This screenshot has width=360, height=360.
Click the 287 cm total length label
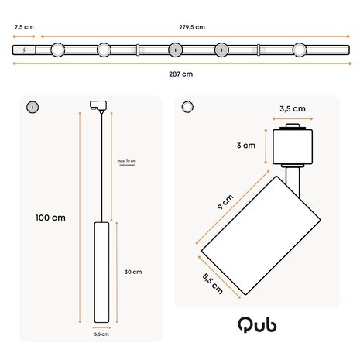tap(181, 74)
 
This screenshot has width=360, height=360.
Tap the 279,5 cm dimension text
tap(192, 27)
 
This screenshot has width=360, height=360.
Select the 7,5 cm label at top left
tap(24, 27)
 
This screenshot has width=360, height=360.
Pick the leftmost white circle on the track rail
tap(57, 50)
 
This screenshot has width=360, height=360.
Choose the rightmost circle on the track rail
tap(299, 50)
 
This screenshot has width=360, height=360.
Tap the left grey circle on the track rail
tap(175, 50)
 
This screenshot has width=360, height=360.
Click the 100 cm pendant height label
tap(50, 218)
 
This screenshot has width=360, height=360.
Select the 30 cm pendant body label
tap(132, 272)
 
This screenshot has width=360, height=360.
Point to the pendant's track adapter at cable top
tap(98, 105)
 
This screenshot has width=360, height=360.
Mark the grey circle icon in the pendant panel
tap(32, 107)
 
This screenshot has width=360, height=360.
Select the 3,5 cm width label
tap(293, 109)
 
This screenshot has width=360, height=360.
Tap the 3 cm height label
tap(247, 145)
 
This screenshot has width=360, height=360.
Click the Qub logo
tap(257, 324)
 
